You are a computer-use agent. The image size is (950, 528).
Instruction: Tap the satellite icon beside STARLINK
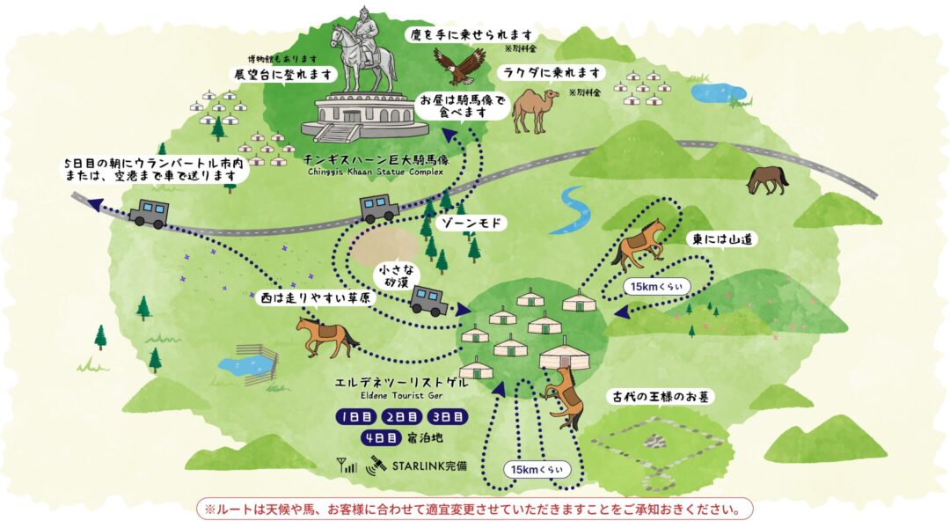click(x=376, y=463)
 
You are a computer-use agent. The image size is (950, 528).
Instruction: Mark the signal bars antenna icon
click(x=347, y=464)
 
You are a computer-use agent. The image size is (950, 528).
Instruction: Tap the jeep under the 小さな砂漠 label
click(x=428, y=300)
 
